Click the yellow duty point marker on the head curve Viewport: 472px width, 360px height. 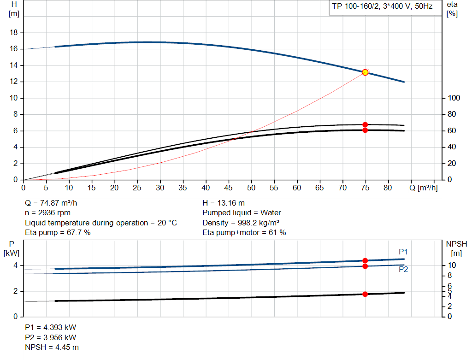[365, 72]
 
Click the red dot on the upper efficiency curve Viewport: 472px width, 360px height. [365, 124]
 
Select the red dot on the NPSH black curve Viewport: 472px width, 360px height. [365, 294]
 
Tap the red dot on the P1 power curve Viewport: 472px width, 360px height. [365, 260]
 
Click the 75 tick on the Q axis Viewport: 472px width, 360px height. [365, 188]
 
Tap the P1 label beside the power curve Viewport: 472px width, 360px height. [403, 252]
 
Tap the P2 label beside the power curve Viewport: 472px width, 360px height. [403, 270]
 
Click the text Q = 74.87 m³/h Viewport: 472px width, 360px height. [54, 203]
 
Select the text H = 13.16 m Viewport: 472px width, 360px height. [224, 203]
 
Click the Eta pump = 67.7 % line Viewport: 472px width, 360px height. [58, 233]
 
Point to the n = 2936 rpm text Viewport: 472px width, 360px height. [48, 213]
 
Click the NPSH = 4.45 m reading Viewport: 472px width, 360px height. [52, 347]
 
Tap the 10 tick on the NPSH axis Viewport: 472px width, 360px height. [452, 266]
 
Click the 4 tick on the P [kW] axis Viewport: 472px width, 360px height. [15, 266]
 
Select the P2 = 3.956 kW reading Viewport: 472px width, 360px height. [51, 337]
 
